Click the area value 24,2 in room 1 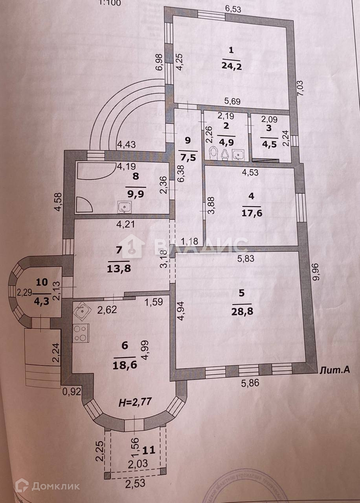tap(231, 66)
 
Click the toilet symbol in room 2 tap(213, 154)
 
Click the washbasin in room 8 tap(125, 207)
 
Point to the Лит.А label tap(334, 370)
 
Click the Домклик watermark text tap(55, 486)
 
